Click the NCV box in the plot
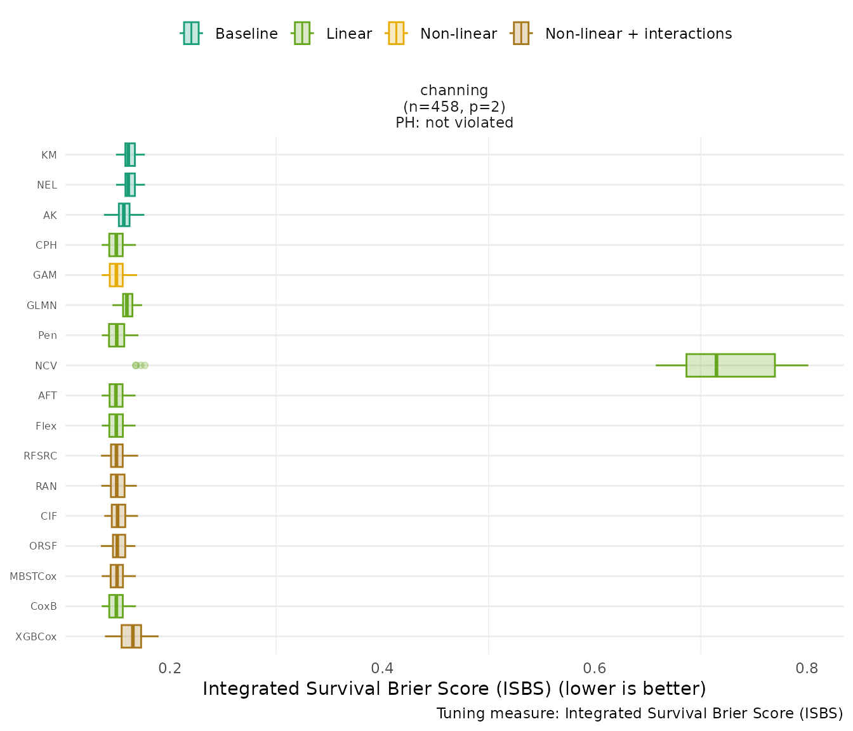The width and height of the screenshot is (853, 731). [730, 365]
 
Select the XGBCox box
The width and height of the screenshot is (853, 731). [131, 636]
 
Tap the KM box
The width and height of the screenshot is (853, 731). [130, 155]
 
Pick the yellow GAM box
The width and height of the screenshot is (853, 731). [116, 275]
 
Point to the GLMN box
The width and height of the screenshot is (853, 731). [128, 305]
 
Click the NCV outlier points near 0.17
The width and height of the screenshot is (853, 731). [140, 365]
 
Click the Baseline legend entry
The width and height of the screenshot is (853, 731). [230, 34]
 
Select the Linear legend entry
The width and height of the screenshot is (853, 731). [333, 34]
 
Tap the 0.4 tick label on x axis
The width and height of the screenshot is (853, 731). [383, 668]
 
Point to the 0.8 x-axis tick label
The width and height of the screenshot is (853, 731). [807, 668]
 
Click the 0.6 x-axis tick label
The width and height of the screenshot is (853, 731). [595, 668]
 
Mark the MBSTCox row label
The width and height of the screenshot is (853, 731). [33, 577]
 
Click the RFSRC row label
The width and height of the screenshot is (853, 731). [40, 456]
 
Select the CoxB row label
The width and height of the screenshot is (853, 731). [44, 607]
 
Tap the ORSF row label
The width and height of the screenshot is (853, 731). [43, 546]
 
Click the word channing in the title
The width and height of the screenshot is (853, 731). [454, 91]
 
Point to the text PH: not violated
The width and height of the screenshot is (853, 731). [454, 123]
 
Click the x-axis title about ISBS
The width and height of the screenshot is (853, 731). [454, 689]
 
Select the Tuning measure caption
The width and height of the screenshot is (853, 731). [640, 714]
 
